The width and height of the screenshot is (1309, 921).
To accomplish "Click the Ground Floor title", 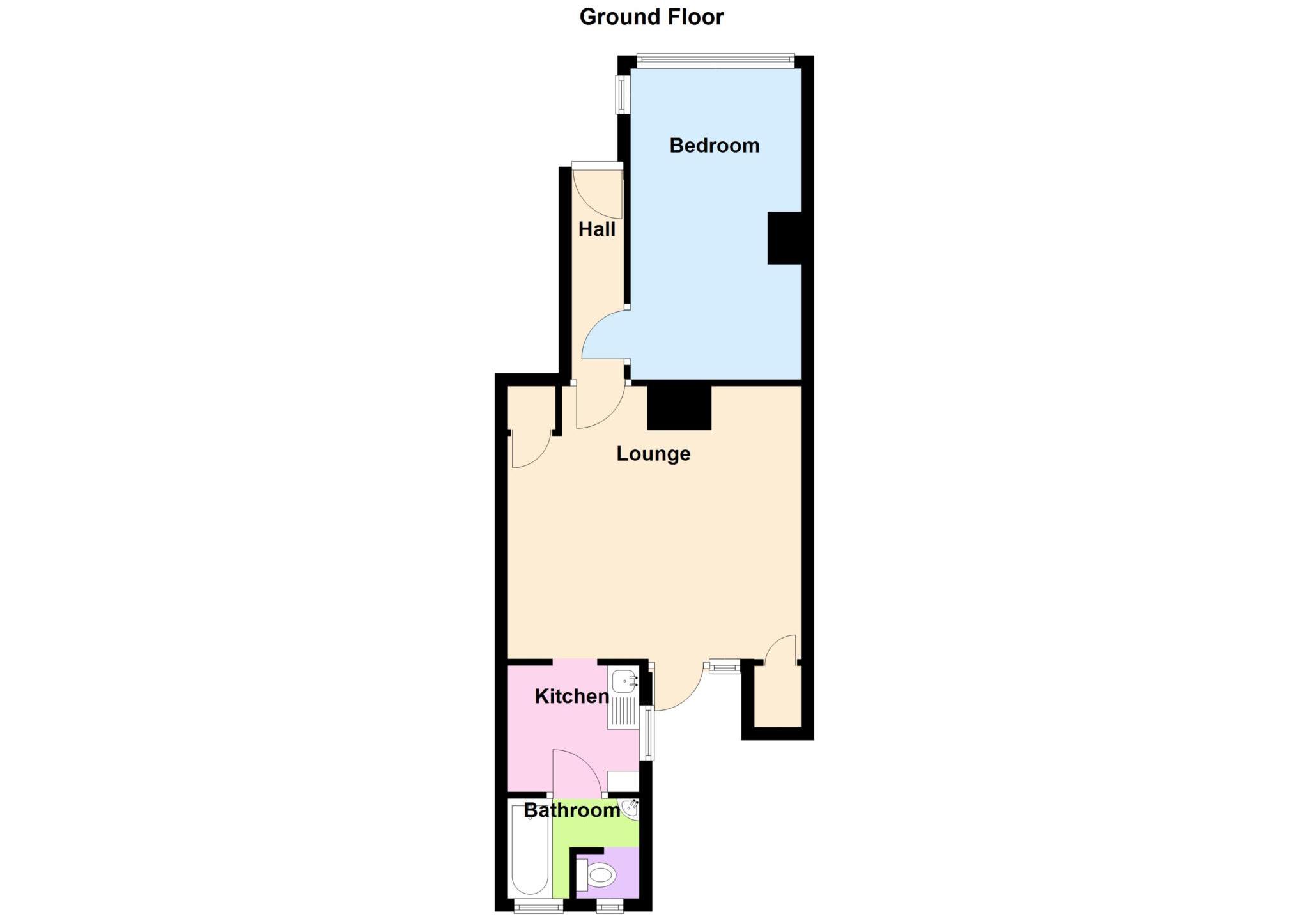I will [x=651, y=17].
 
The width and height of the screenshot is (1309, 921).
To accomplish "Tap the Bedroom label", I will [x=714, y=146].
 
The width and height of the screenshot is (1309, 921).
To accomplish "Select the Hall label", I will [x=596, y=229].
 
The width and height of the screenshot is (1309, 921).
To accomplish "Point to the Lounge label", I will [x=653, y=454].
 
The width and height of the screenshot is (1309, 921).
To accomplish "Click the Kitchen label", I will [x=571, y=696].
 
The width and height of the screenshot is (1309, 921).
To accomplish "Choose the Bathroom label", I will [x=571, y=810].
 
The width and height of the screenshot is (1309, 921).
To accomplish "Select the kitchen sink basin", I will [x=624, y=681].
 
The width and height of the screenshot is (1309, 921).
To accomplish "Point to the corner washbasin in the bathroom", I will [x=630, y=810].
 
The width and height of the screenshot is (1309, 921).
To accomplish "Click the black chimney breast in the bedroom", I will [x=784, y=238].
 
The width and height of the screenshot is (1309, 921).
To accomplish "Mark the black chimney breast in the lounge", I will [x=679, y=406].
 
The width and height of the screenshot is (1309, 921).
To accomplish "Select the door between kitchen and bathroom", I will [x=575, y=772].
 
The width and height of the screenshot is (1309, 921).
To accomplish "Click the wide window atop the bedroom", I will [x=716, y=61].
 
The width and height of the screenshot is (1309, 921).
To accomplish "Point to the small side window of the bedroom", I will [x=620, y=95].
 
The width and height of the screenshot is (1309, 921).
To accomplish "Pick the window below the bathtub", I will [x=538, y=906].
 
